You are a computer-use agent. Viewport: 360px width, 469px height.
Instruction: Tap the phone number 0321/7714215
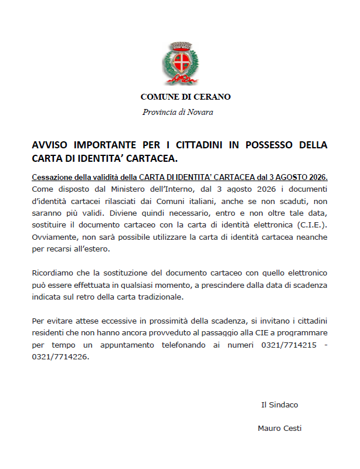pyautogui.click(x=289, y=345)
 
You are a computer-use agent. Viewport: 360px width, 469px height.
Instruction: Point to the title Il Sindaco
pyautogui.click(x=280, y=405)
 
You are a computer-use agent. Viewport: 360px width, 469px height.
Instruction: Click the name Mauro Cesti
pyautogui.click(x=280, y=428)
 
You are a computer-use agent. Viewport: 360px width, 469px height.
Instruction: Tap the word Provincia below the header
pyautogui.click(x=159, y=112)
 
